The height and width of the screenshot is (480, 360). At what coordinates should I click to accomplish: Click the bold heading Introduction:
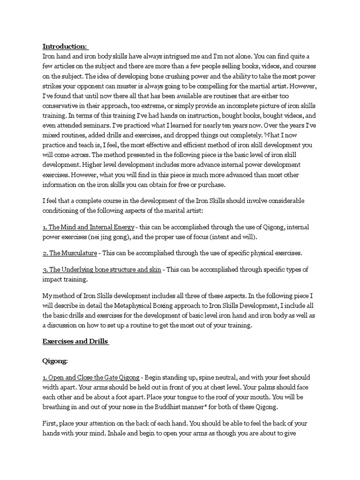[x=65, y=46]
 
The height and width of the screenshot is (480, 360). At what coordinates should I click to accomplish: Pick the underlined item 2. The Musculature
[x=70, y=253]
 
